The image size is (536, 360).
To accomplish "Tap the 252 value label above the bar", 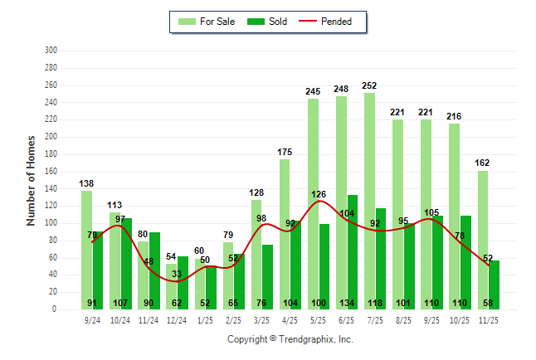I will pos(370,85).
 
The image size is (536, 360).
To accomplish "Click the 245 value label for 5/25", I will pos(313,91).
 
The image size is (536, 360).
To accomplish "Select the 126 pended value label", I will pos(319,195).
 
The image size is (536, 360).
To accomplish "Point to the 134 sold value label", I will pos(353,303).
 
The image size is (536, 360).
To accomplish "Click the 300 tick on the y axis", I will pos(51,51).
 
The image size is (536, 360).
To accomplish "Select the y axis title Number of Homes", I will pos(31,180).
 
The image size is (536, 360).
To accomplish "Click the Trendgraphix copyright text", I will pos(290,339).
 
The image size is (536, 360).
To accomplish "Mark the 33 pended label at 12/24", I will pos(177,274).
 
